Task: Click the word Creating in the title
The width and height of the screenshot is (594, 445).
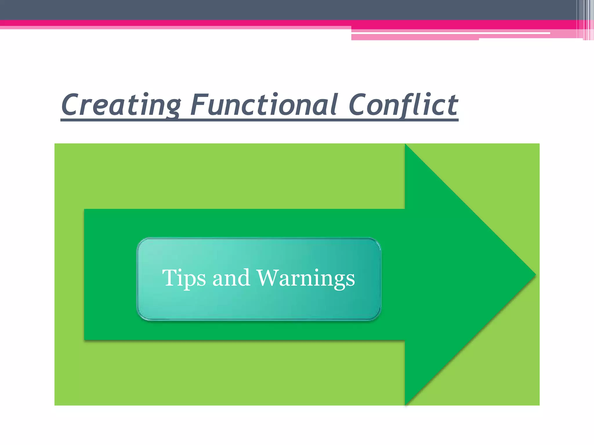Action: tap(121, 105)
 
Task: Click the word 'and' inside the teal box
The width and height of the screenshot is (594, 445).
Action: tap(231, 278)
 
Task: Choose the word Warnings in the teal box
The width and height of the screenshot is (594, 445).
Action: tap(306, 278)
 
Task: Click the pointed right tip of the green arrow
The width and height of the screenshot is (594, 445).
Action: tap(535, 275)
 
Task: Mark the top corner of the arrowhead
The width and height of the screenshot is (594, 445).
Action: tap(405, 145)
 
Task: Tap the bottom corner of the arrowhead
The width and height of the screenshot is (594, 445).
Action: tap(405, 404)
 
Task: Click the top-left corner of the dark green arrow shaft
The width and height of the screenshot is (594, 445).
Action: tap(85, 209)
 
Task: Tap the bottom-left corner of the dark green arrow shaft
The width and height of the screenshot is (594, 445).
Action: tap(85, 340)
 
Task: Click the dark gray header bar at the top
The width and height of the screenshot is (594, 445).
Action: tap(261, 9)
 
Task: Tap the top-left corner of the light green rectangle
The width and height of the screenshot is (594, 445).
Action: tap(55, 144)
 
